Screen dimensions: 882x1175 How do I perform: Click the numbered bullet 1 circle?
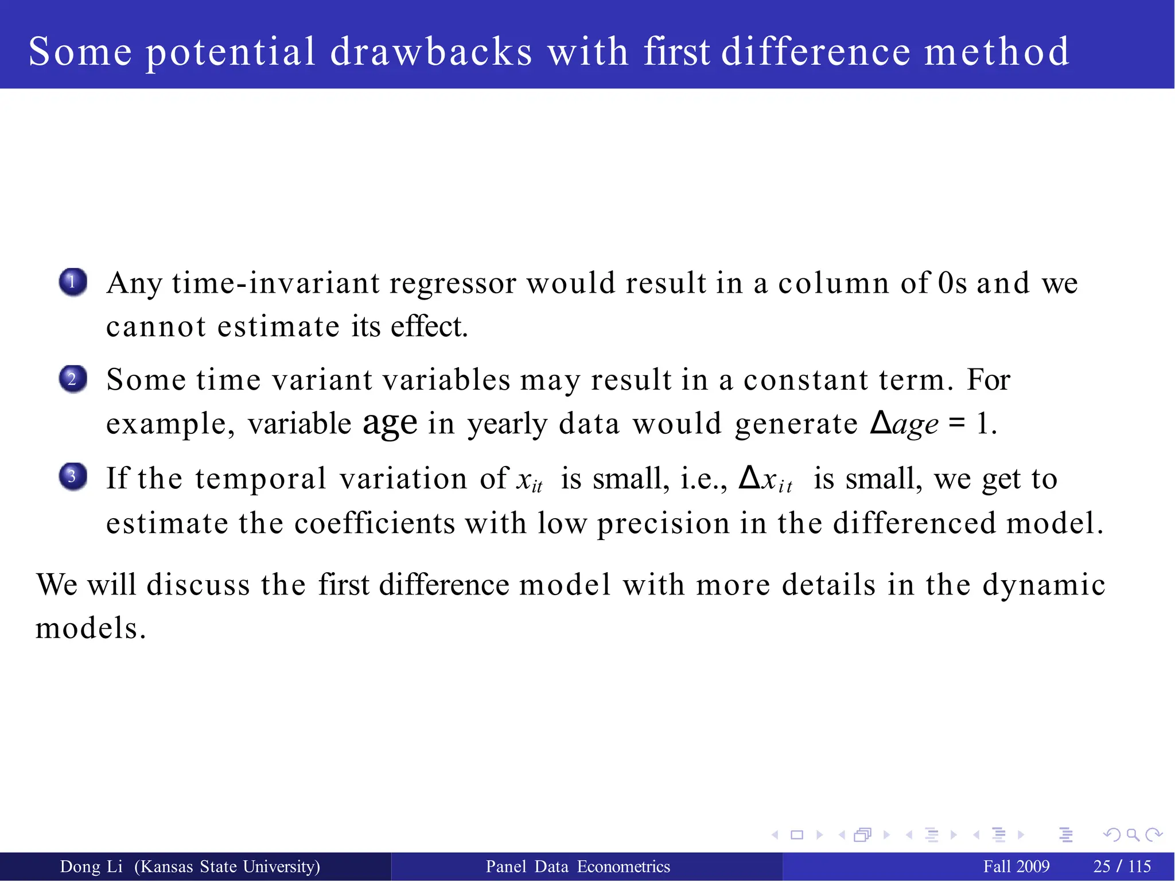pyautogui.click(x=73, y=282)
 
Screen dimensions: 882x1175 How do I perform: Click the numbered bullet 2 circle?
pyautogui.click(x=73, y=379)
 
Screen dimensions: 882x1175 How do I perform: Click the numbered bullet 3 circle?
pyautogui.click(x=73, y=477)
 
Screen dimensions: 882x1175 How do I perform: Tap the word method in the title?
pyautogui.click(x=997, y=52)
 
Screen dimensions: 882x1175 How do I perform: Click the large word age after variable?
pyautogui.click(x=390, y=423)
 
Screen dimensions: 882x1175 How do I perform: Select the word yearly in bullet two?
pyautogui.click(x=508, y=425)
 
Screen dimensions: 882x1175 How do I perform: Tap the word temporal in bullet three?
pyautogui.click(x=260, y=478)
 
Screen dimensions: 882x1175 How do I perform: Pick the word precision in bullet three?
pyautogui.click(x=663, y=523)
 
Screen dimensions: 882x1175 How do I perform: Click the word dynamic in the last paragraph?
pyautogui.click(x=1044, y=585)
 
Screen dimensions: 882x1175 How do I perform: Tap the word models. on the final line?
pyautogui.click(x=91, y=628)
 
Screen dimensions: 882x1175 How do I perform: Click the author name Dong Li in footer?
pyautogui.click(x=91, y=867)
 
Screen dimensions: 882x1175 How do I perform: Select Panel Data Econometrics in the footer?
pyautogui.click(x=578, y=867)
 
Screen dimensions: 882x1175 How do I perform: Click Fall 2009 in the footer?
pyautogui.click(x=1016, y=867)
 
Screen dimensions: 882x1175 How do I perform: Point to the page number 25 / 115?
pyautogui.click(x=1122, y=867)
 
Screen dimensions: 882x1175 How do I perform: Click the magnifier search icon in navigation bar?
pyautogui.click(x=1133, y=835)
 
